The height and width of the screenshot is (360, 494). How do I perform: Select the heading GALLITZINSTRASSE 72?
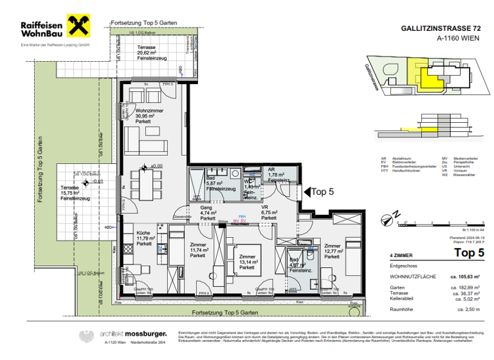pos(441,29)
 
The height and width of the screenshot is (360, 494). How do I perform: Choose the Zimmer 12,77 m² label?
pos(333,251)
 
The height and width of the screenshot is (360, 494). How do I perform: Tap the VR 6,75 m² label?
pos(269,212)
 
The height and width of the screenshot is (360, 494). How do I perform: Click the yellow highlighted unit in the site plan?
pos(418,69)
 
